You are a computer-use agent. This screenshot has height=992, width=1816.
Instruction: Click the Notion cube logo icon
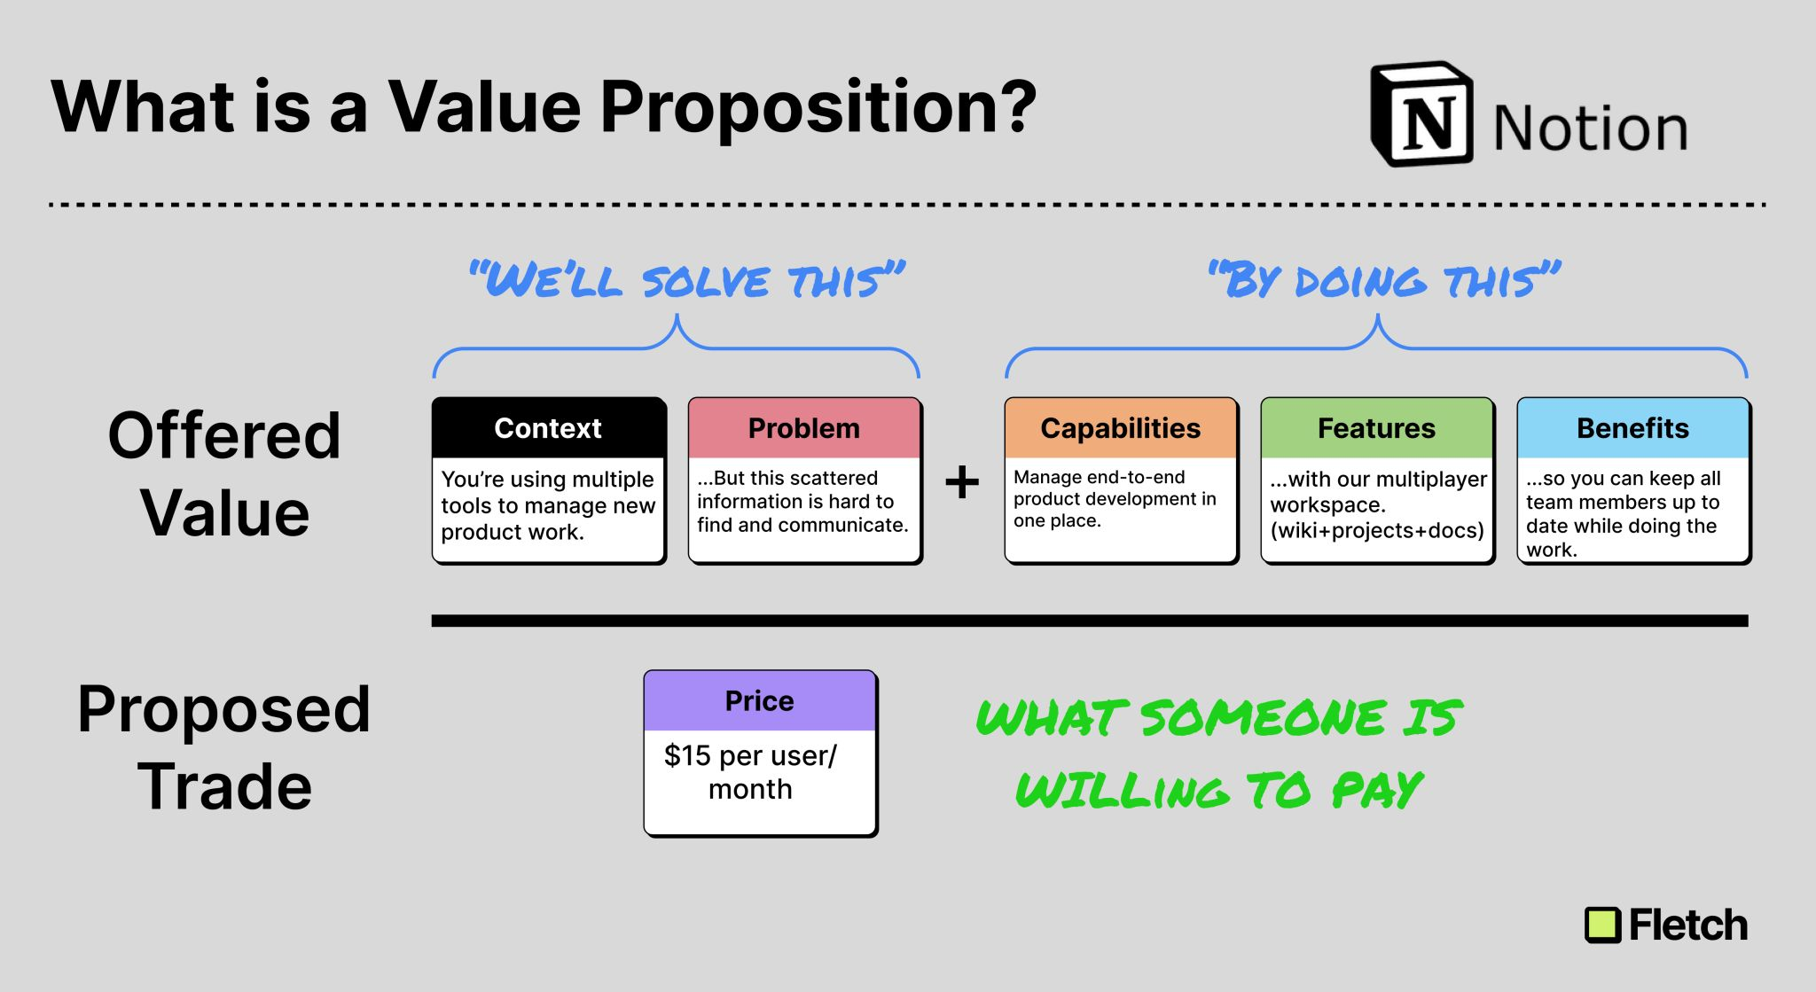click(x=1422, y=115)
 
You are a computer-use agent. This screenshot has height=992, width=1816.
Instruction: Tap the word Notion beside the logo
click(x=1590, y=129)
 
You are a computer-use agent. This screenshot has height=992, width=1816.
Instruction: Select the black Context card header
click(x=548, y=428)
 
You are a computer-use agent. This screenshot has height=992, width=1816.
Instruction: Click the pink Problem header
click(x=804, y=428)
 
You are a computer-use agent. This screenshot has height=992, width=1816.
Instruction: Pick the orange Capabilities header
click(x=1120, y=428)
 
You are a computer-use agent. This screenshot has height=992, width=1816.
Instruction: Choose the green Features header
click(x=1376, y=428)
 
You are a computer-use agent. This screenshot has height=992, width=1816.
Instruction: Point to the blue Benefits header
click(x=1632, y=428)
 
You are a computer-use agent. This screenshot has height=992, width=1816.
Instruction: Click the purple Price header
click(x=760, y=700)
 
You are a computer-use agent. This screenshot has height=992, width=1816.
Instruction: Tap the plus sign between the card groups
click(x=962, y=483)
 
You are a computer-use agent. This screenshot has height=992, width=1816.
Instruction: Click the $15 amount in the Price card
click(x=687, y=756)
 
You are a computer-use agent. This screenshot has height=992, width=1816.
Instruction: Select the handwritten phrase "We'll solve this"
click(x=687, y=281)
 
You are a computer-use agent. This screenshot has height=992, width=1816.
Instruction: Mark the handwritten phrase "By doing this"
click(x=1383, y=281)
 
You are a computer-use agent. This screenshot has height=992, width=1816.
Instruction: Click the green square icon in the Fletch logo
click(x=1602, y=926)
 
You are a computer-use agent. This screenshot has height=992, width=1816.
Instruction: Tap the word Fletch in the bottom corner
click(x=1687, y=926)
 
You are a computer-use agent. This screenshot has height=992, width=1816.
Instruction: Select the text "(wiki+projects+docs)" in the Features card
click(x=1376, y=530)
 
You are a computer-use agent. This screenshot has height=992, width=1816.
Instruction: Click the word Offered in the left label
click(x=224, y=435)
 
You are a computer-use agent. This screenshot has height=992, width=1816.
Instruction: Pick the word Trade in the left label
click(x=224, y=786)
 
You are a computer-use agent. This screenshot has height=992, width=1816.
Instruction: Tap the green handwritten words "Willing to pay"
click(x=1219, y=789)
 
